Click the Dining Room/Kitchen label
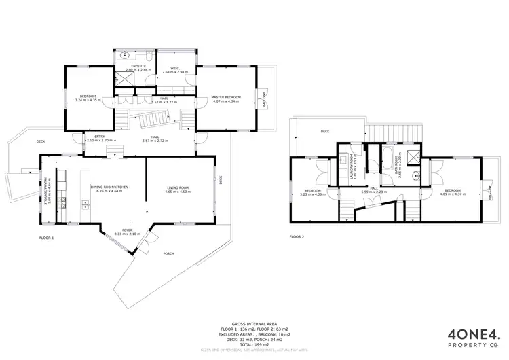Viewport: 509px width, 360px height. click(111, 187)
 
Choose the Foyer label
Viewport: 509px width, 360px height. click(128, 230)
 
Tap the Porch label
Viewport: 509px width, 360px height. click(168, 253)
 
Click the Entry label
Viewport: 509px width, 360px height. click(100, 137)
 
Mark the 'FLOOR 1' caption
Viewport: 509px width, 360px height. click(47, 237)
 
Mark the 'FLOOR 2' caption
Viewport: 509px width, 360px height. click(297, 237)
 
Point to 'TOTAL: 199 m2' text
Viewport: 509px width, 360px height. click(252, 344)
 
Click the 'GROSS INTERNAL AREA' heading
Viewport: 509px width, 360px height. click(252, 324)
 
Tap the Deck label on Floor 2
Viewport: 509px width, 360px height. click(325, 132)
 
